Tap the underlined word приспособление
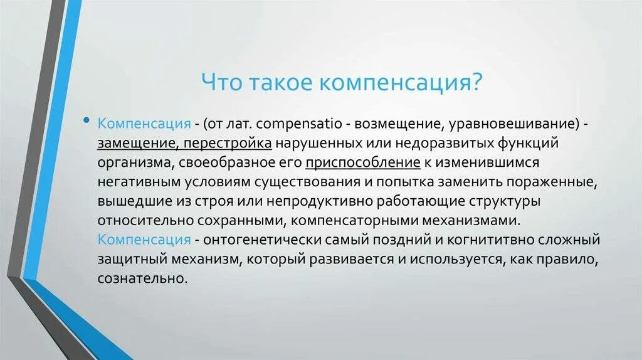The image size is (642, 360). [x=363, y=162]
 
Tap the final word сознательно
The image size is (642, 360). [x=142, y=279]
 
